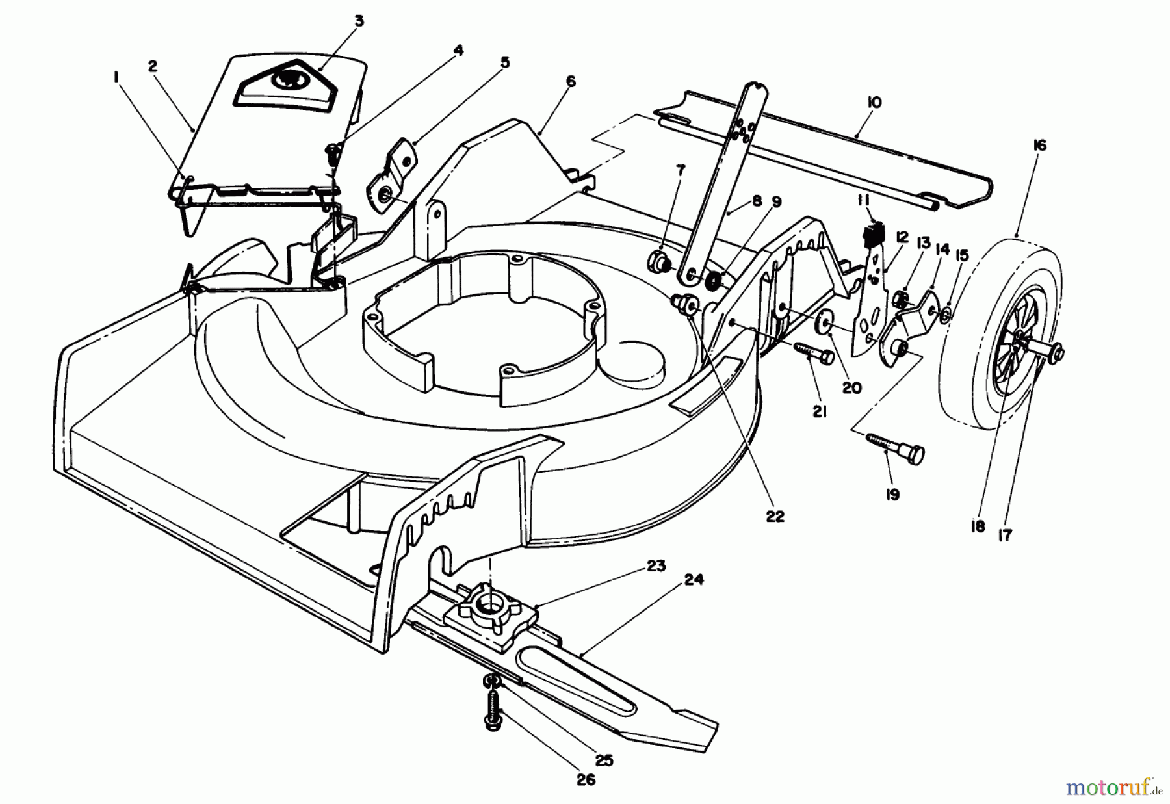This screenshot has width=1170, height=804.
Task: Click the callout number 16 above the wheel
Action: [x=1039, y=146]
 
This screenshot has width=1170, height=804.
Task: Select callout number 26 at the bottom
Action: [x=586, y=780]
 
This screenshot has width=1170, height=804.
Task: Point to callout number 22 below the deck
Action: [x=775, y=516]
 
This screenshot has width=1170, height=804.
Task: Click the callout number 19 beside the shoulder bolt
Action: [x=892, y=495]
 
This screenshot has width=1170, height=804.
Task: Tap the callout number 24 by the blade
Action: [x=694, y=580]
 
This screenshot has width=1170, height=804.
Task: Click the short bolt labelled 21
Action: [x=813, y=354]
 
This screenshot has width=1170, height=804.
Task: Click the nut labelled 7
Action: [x=658, y=262]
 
